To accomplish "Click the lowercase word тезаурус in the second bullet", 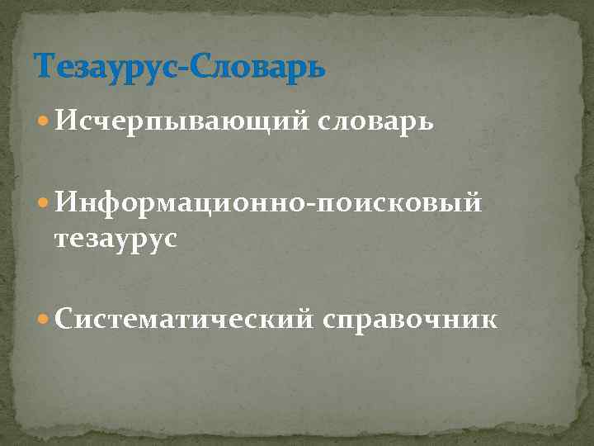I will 115,240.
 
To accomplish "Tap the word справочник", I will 411,319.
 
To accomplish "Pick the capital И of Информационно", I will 67,201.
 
